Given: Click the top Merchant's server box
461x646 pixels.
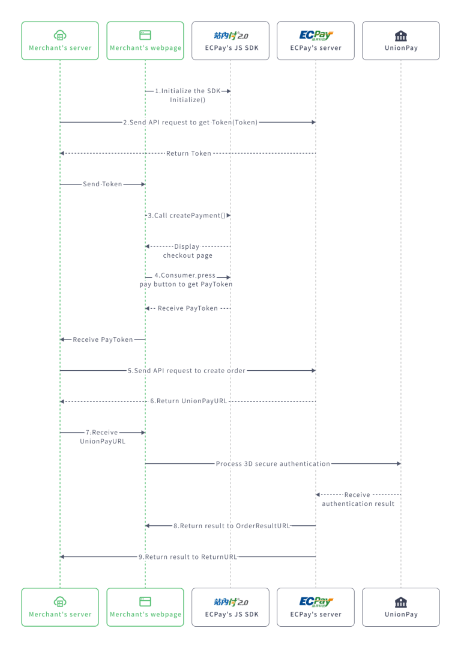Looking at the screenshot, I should pyautogui.click(x=60, y=41).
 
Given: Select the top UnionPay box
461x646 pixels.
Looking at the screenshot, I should pyautogui.click(x=401, y=41).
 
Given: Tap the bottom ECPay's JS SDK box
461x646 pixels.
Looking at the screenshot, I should pyautogui.click(x=230, y=607).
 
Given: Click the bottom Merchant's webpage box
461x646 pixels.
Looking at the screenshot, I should pyautogui.click(x=145, y=607).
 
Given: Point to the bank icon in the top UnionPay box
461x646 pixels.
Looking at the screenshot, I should pyautogui.click(x=401, y=35).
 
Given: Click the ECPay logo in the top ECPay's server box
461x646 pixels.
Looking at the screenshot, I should pyautogui.click(x=316, y=35).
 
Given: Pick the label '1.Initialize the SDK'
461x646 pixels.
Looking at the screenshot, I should pyautogui.click(x=188, y=91).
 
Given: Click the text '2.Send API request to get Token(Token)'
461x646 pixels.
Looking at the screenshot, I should pyautogui.click(x=190, y=122).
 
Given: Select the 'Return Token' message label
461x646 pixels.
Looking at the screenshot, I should pyautogui.click(x=188, y=153).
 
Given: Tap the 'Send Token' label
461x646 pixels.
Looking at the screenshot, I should pyautogui.click(x=103, y=184).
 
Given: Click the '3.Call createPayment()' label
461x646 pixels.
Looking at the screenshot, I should pyautogui.click(x=187, y=215).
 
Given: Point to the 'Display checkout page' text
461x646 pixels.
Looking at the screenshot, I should pyautogui.click(x=187, y=251).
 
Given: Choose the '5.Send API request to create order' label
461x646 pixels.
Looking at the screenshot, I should pyautogui.click(x=187, y=371).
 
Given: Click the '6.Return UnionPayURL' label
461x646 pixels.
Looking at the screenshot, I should pyautogui.click(x=188, y=401).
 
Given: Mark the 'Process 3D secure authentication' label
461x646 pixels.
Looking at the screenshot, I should pyautogui.click(x=273, y=464).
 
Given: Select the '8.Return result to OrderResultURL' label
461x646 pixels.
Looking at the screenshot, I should pyautogui.click(x=232, y=526).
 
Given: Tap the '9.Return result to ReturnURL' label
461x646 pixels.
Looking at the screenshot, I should pyautogui.click(x=188, y=557).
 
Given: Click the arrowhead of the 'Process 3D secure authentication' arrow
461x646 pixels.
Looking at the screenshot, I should pyautogui.click(x=398, y=464).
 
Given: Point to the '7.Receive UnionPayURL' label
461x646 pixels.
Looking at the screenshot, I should pyautogui.click(x=103, y=437).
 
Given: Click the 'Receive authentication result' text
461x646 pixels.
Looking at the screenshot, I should pyautogui.click(x=358, y=499).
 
